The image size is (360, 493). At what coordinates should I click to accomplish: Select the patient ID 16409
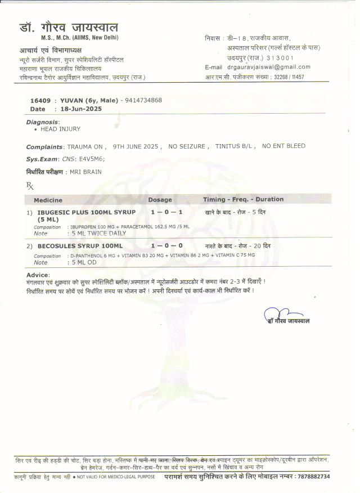point(39,100)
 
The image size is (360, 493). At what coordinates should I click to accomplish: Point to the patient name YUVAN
point(71,100)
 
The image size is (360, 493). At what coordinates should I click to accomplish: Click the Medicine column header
point(48,200)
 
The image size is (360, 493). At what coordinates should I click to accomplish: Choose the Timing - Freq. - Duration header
point(243,199)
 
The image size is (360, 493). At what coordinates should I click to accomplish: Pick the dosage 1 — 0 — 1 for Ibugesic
point(166,212)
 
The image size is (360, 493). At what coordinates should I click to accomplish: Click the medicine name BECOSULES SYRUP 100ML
point(80,246)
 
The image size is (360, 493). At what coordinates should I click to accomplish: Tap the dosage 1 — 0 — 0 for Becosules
point(166,246)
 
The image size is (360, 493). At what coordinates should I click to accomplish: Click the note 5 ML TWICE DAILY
point(98,232)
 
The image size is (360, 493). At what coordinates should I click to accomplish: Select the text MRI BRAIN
point(85,172)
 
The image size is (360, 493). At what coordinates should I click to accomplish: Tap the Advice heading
point(38,274)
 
